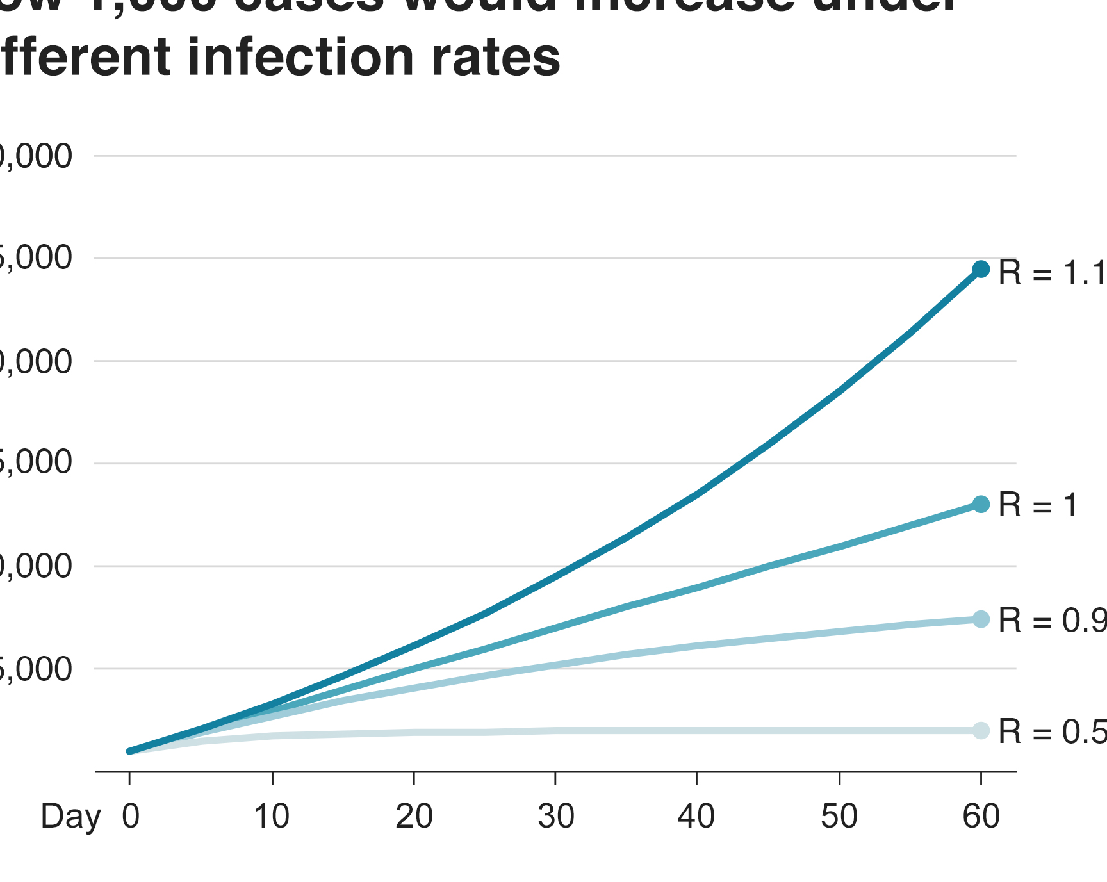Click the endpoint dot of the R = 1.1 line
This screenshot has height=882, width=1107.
click(x=981, y=269)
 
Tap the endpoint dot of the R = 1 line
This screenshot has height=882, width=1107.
click(x=981, y=504)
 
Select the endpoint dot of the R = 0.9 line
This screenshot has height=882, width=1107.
click(x=981, y=619)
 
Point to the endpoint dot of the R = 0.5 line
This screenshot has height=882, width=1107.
click(x=981, y=730)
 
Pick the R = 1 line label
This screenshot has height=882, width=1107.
click(x=1038, y=505)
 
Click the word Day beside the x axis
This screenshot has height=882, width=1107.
click(x=70, y=818)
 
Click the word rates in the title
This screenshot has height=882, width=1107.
click(x=496, y=57)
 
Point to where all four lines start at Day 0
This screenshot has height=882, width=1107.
click(x=130, y=751)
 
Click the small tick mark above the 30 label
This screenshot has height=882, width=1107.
click(x=555, y=778)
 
